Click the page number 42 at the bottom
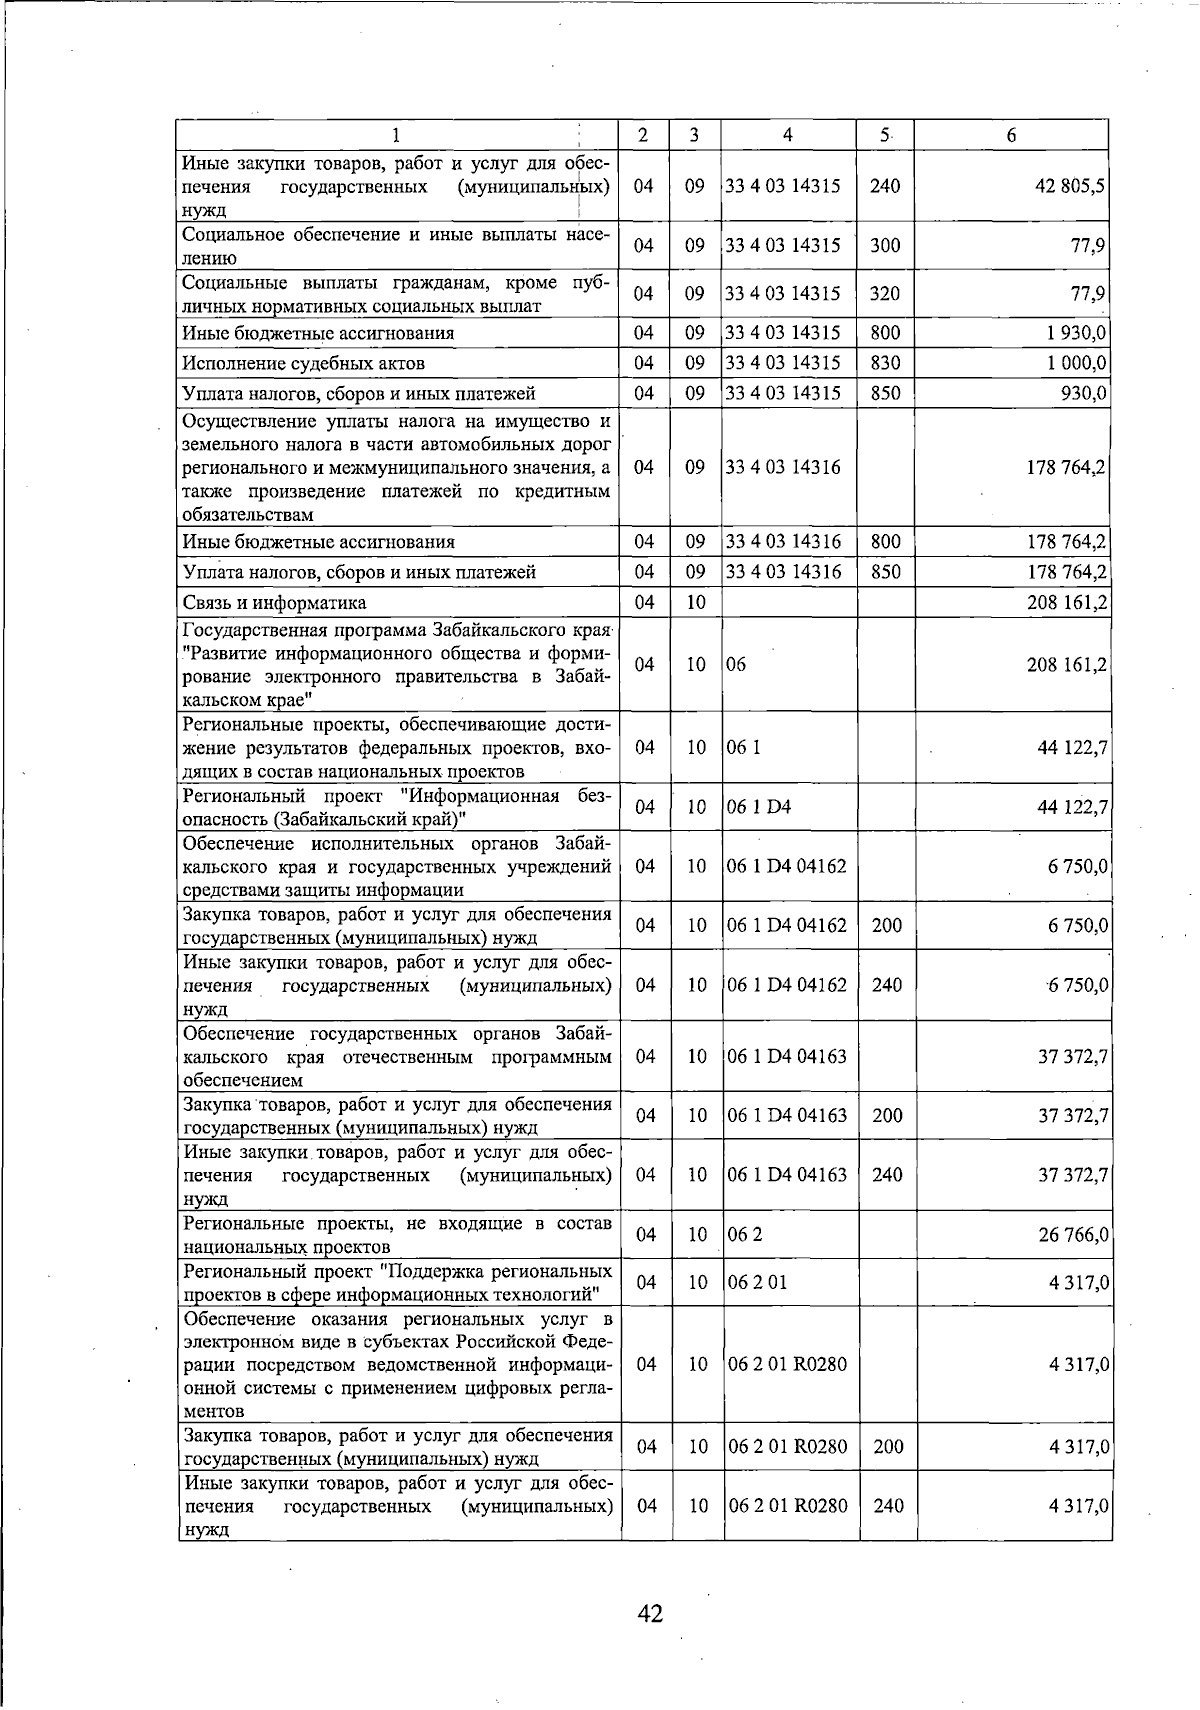[651, 1614]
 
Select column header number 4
[788, 135]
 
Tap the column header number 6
[1011, 135]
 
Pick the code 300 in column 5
[885, 246]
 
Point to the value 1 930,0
[1076, 333]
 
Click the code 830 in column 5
[885, 363]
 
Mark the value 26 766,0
[1073, 1235]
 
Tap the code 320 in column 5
[885, 294]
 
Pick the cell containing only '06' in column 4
[737, 665]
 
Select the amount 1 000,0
[1076, 363]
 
